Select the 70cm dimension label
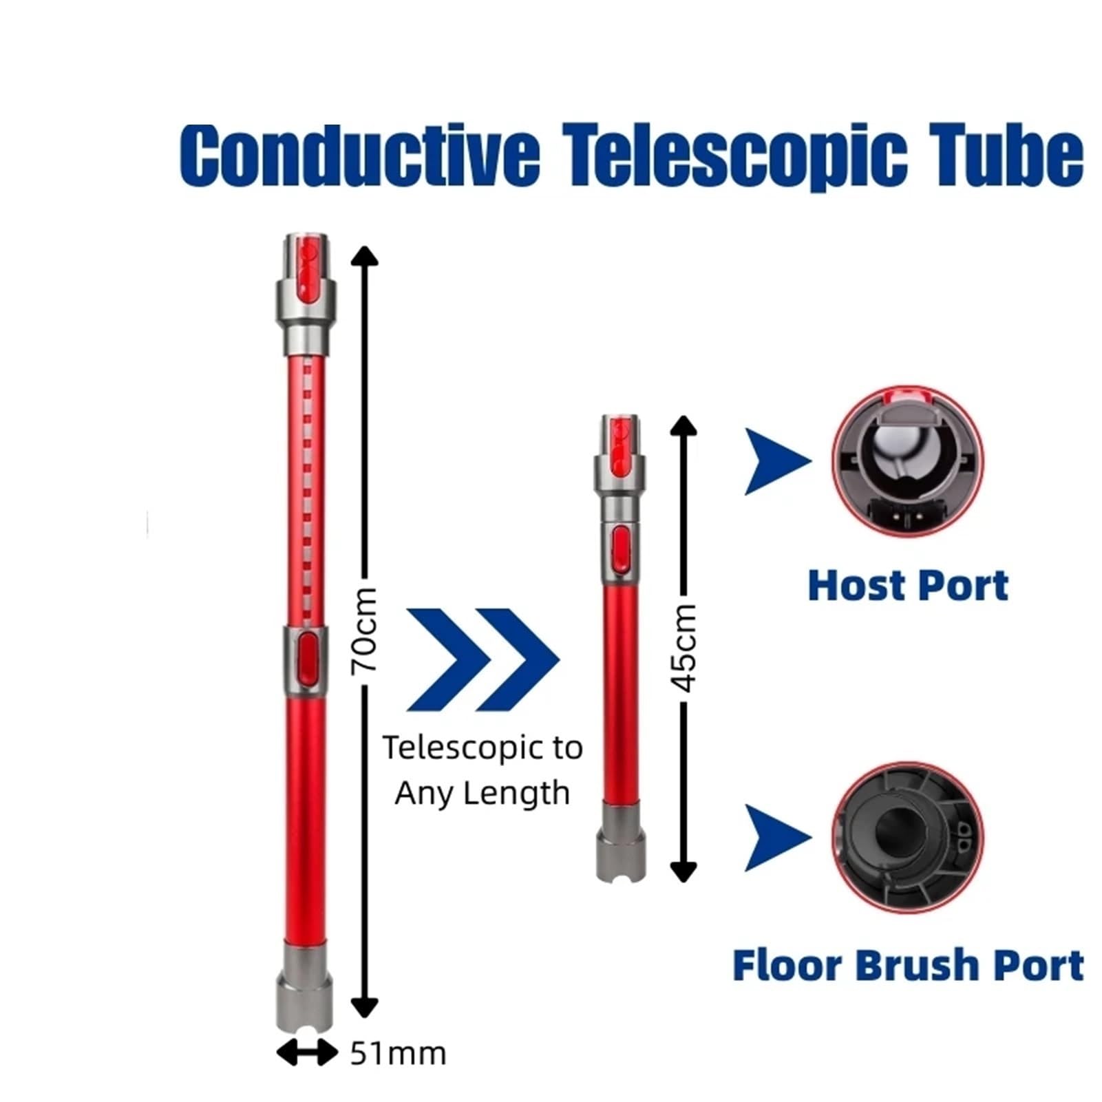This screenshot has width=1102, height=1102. [x=364, y=631]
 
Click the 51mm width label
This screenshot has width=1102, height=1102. [x=398, y=1053]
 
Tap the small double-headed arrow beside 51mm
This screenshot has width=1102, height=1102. [x=307, y=1053]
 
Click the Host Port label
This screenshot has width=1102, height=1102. [x=908, y=586]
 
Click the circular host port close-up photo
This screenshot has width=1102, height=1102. [x=908, y=461]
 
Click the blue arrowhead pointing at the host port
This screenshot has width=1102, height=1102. [x=776, y=461]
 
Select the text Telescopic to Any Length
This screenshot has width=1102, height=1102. [x=483, y=770]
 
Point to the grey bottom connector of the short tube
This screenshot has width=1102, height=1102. [x=621, y=840]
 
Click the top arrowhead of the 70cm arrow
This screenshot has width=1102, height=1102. [x=364, y=255]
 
